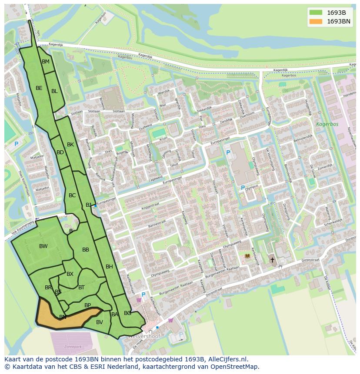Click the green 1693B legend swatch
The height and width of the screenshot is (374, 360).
316,13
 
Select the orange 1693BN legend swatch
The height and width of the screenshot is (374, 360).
316,21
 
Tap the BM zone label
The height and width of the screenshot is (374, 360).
46,62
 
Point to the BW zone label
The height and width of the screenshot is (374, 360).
43,246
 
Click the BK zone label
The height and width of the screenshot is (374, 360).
70,145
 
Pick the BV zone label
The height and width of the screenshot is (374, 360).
100,322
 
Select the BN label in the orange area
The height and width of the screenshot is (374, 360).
63,317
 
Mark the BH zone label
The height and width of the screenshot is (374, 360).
109,267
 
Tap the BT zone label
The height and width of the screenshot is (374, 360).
81,287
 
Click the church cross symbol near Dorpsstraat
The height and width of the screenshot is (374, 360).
273,260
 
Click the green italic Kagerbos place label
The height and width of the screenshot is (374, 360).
327,124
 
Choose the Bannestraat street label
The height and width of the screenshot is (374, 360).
157,223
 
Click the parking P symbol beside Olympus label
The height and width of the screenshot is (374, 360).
243,188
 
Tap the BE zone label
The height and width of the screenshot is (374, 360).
39,88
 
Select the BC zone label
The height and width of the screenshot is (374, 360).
72,195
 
